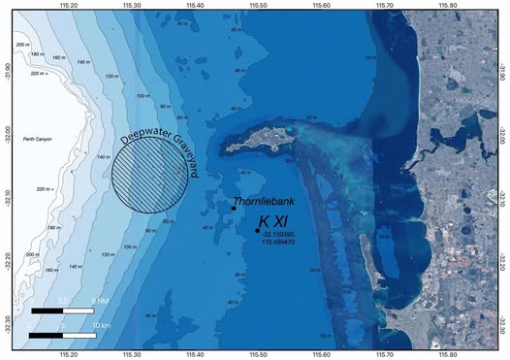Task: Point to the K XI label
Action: click(275, 223)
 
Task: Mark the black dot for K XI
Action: click(257, 231)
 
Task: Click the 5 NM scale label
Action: click(98, 302)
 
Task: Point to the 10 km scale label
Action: click(101, 324)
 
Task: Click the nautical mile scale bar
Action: click(62, 311)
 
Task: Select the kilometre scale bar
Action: click(62, 335)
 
